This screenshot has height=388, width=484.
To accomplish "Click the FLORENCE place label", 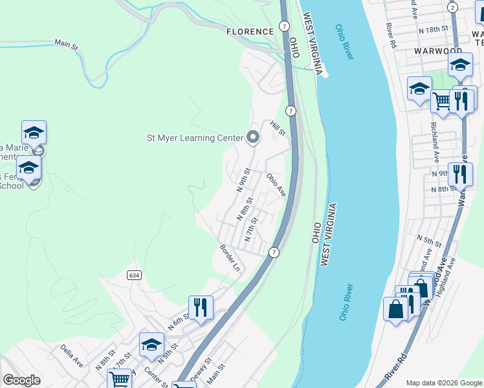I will (x=250, y=31).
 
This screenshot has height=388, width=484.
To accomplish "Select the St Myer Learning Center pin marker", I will (x=253, y=137).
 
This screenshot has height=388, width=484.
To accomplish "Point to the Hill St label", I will (x=278, y=128).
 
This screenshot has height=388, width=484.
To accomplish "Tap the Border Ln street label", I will (x=230, y=257).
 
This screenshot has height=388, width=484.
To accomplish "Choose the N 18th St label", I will (x=434, y=30).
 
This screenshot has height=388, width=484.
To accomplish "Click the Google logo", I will (x=21, y=380).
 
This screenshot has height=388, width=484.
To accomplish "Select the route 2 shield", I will (x=453, y=7).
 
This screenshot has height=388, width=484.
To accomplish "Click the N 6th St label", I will (x=178, y=321).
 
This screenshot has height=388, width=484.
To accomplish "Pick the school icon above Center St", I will (x=151, y=345).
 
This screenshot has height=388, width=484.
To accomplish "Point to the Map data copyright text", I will (x=443, y=383).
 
